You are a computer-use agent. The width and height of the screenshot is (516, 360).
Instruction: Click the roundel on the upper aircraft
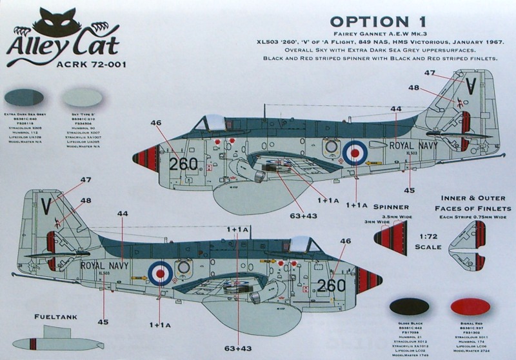355,152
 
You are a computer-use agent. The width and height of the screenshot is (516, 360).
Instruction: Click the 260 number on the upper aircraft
183,163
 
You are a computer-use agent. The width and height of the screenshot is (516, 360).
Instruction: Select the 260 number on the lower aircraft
332,285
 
